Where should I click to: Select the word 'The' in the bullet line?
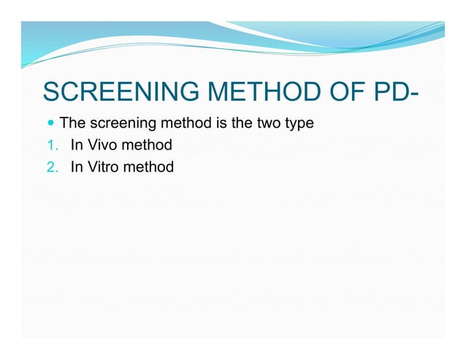coord(72,123)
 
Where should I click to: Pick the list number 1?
coord(50,145)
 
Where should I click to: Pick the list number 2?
coord(50,167)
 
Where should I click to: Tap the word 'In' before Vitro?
coord(77,166)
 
